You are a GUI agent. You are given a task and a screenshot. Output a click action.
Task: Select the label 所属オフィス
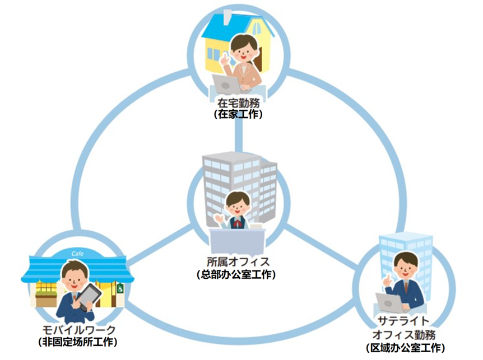pyautogui.click(x=238, y=262)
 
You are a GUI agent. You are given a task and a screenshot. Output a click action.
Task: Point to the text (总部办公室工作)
pyautogui.click(x=238, y=274)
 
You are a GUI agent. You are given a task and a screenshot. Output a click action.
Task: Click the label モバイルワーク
pyautogui.click(x=78, y=329)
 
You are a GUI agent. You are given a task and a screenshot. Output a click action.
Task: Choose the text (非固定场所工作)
pyautogui.click(x=78, y=341)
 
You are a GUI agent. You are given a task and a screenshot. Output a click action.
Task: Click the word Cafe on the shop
pyautogui.click(x=78, y=254)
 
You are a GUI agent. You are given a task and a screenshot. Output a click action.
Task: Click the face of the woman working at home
pyautogui.click(x=245, y=50)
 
